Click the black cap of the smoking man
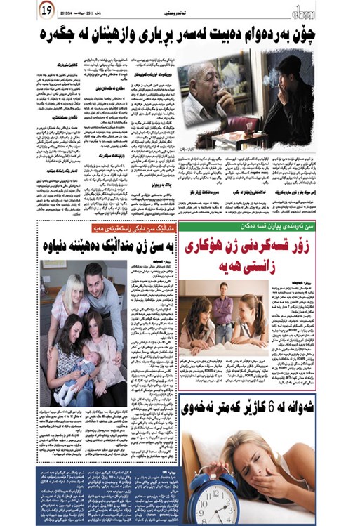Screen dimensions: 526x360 click(x=291, y=63)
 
